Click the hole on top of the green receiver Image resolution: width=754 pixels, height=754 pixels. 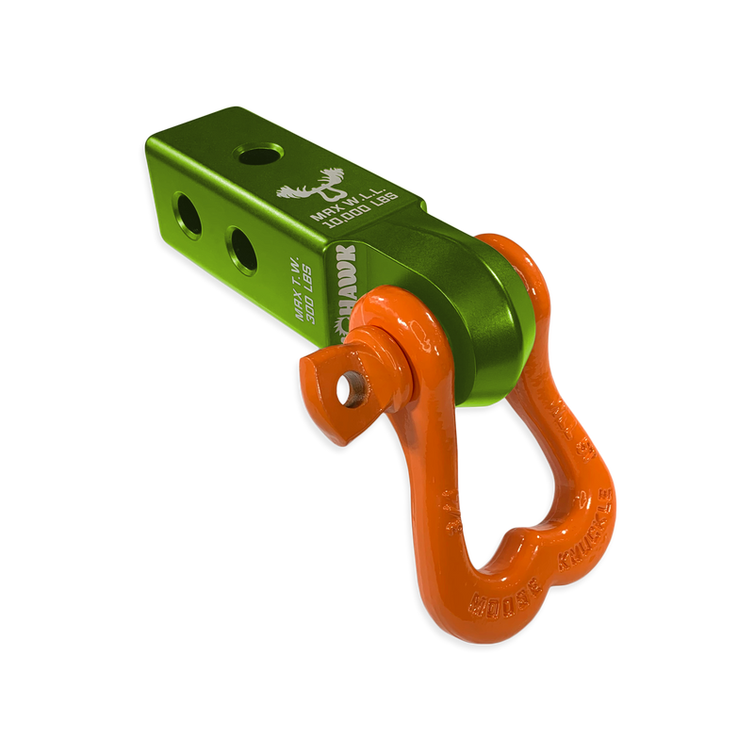(x=260, y=152)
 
